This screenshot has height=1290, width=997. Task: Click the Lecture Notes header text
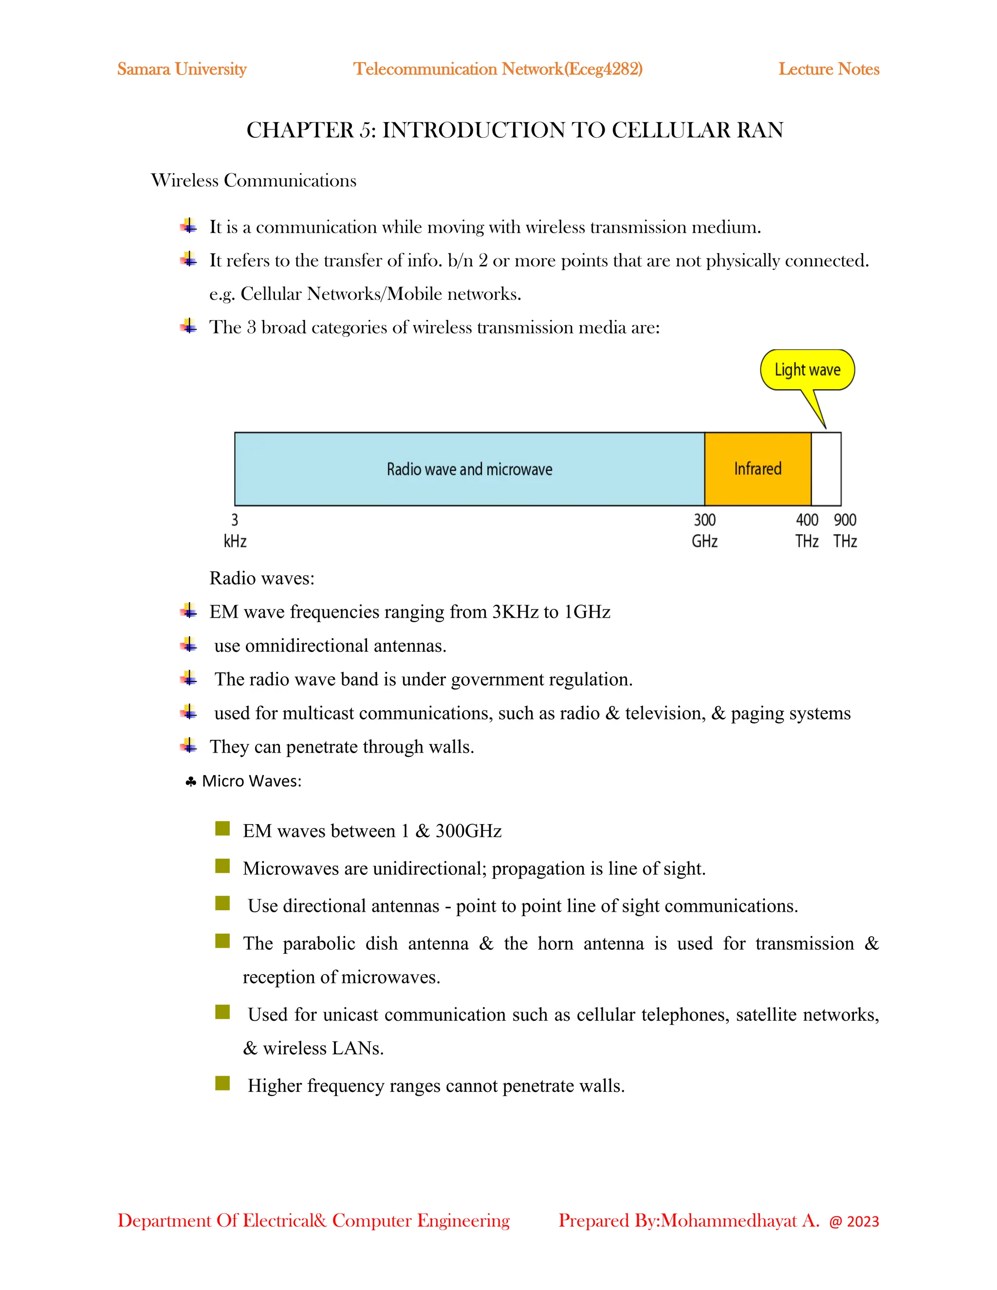pyautogui.click(x=828, y=69)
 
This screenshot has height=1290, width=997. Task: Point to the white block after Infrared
pyautogui.click(x=826, y=469)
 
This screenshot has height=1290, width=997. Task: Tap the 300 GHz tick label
pyautogui.click(x=704, y=531)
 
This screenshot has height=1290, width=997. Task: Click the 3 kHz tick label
pyautogui.click(x=235, y=531)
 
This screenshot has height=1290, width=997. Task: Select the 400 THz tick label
pyautogui.click(x=806, y=531)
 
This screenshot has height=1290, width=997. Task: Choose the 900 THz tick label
pyautogui.click(x=845, y=531)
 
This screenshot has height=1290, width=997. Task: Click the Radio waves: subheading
pyautogui.click(x=261, y=578)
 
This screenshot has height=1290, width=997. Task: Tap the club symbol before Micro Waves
pyautogui.click(x=190, y=782)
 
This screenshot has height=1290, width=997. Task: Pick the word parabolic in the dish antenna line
pyautogui.click(x=319, y=943)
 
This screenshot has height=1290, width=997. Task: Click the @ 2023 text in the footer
pyautogui.click(x=853, y=1221)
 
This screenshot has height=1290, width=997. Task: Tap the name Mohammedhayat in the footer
pyautogui.click(x=728, y=1220)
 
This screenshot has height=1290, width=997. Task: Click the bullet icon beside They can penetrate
pyautogui.click(x=188, y=745)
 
